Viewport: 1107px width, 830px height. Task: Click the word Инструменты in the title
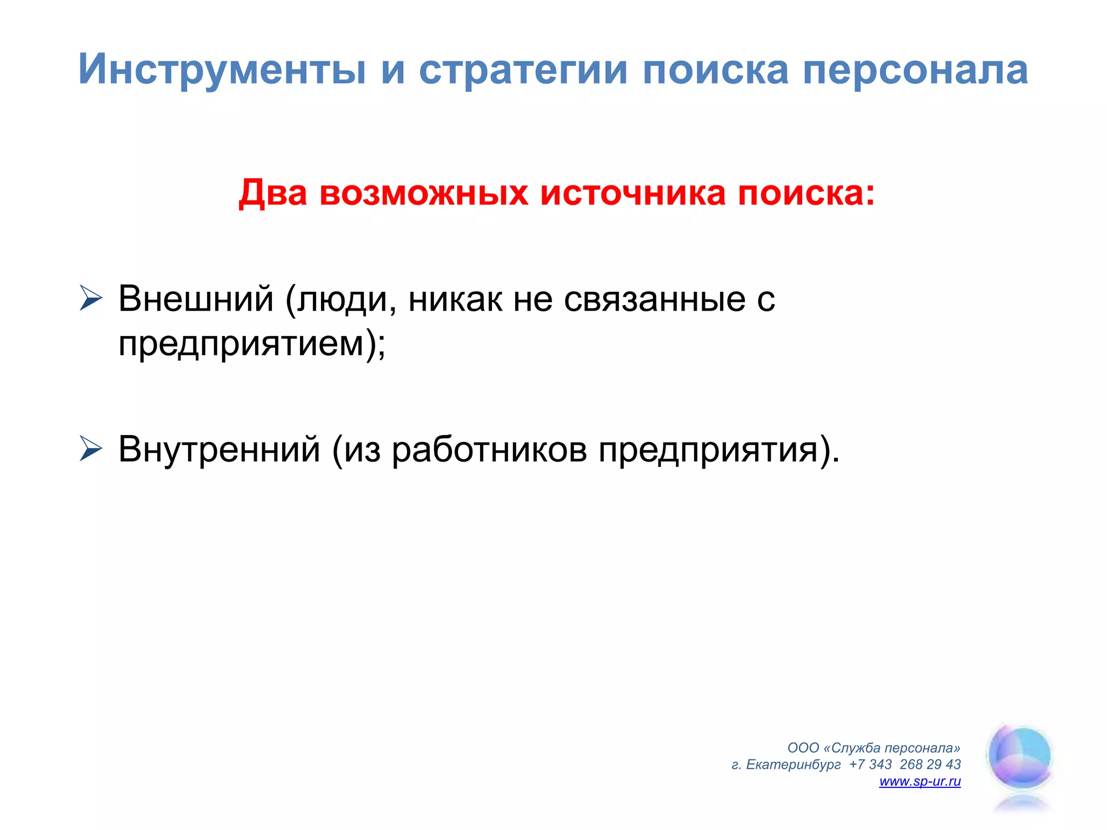coord(222,70)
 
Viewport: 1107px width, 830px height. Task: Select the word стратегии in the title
coord(523,70)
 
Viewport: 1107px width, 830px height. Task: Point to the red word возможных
coord(424,193)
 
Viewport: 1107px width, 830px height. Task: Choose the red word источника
coord(633,193)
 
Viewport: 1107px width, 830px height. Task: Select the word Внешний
coord(196,298)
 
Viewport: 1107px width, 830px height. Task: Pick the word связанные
coord(653,299)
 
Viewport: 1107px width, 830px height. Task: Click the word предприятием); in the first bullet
coord(252,344)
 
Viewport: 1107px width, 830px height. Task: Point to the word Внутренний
coord(219,449)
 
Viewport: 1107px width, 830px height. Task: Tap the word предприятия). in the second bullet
coord(719,450)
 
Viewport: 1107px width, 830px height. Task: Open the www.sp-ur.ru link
coord(920,781)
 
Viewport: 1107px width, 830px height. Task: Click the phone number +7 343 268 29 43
coord(905,765)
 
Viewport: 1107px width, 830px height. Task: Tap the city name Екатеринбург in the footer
coord(793,765)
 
